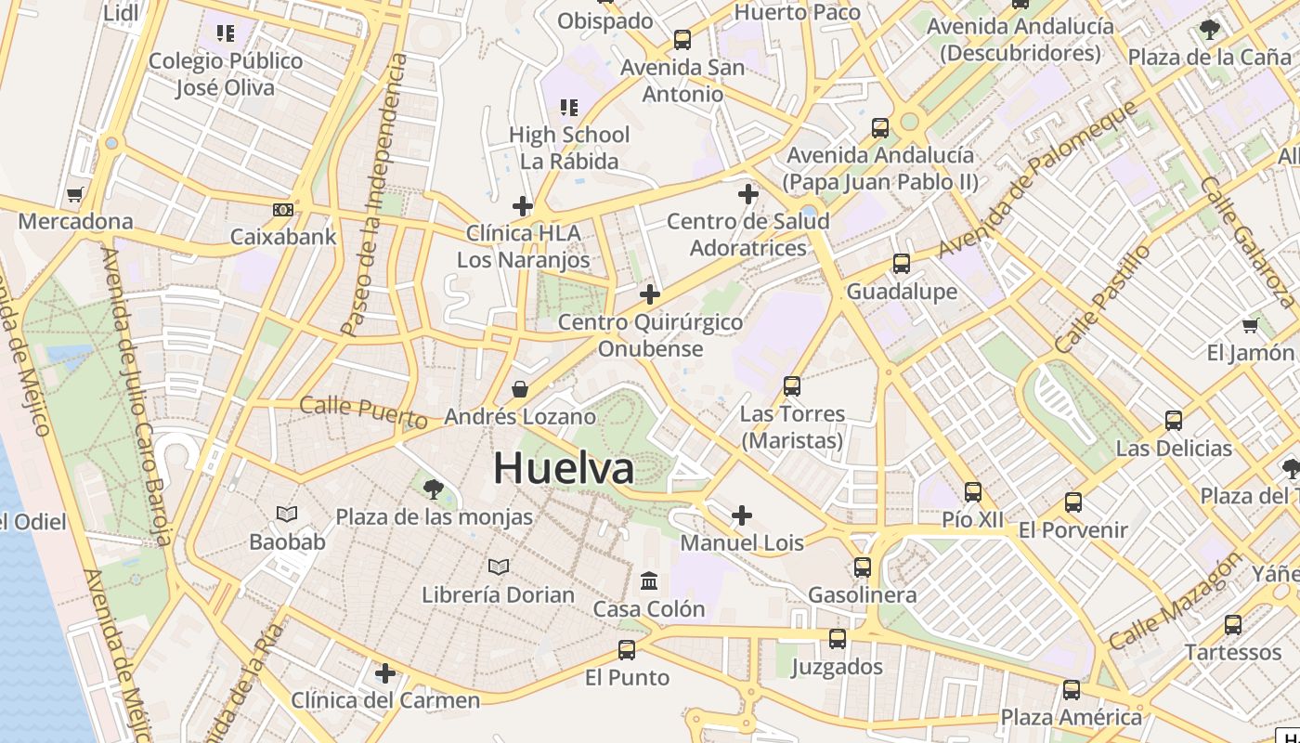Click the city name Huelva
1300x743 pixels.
[564, 467]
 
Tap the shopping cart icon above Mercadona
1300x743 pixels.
[75, 195]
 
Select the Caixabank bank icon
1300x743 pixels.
[283, 210]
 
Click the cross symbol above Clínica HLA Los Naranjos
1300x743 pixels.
[523, 205]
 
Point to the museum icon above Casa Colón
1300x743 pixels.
[649, 581]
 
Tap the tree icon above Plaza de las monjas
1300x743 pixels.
[433, 489]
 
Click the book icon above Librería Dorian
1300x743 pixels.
[499, 566]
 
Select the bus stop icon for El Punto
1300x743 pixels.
[627, 650]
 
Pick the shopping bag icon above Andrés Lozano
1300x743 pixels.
[520, 389]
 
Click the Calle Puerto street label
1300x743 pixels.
[363, 411]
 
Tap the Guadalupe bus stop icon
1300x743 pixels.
[901, 264]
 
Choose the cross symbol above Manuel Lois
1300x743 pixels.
[742, 515]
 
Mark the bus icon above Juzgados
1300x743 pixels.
[838, 639]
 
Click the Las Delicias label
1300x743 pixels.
[1174, 449]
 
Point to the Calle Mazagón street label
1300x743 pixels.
[1174, 602]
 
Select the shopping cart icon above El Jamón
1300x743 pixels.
[1250, 325]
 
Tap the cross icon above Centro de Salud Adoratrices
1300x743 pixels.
[747, 194]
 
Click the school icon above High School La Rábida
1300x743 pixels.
[569, 108]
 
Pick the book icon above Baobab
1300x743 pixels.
[287, 514]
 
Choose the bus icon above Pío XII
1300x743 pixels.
[973, 492]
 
